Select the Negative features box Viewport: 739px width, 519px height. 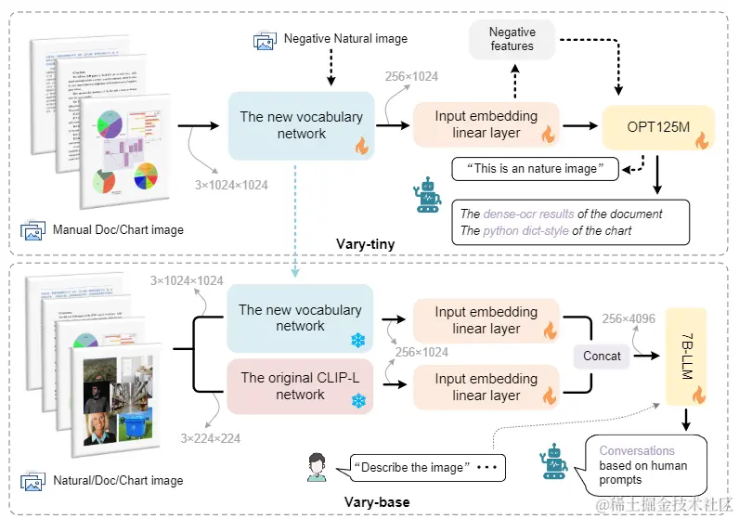512,39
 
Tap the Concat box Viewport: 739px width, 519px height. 602,356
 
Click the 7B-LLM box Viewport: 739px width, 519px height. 686,357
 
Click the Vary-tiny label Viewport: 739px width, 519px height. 365,244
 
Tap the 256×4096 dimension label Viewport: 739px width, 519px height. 629,319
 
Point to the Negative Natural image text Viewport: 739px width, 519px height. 345,39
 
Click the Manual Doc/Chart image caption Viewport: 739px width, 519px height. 118,229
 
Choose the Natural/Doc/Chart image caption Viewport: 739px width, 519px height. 118,481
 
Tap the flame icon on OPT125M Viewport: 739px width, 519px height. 701,141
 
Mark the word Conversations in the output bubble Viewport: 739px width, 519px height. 637,451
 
